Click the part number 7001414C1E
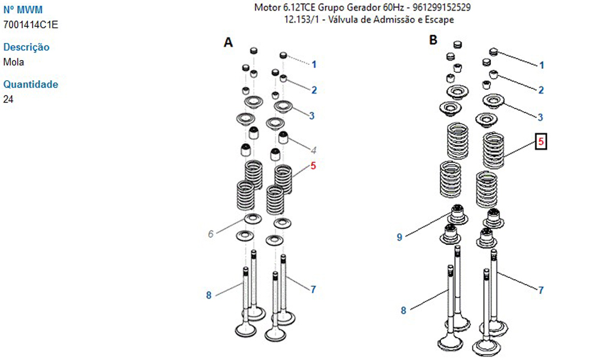(x=31, y=25)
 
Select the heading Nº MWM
(x=23, y=10)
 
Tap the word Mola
(x=14, y=62)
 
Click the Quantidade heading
(x=31, y=85)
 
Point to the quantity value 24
(x=8, y=99)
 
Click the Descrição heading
(x=26, y=47)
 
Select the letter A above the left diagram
(x=228, y=42)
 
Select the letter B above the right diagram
(x=433, y=40)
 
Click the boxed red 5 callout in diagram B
(x=541, y=142)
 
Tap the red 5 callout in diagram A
(x=313, y=166)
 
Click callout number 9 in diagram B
(x=399, y=238)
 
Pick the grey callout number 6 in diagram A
(x=211, y=234)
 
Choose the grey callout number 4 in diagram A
(x=313, y=149)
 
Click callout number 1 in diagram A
(x=313, y=64)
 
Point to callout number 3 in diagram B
(x=541, y=117)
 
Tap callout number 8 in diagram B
(x=403, y=310)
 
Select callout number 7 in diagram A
(x=313, y=289)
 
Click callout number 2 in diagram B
(x=541, y=90)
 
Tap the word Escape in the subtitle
(x=440, y=20)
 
